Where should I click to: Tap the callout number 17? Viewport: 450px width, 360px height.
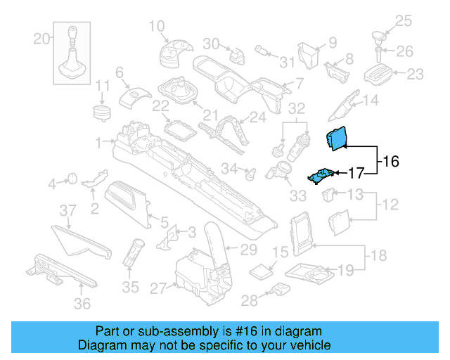coord(356,172)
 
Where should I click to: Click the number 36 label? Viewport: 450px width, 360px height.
coord(82,304)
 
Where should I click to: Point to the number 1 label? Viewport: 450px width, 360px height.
coord(99,141)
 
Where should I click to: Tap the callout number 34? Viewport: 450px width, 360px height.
coord(229,168)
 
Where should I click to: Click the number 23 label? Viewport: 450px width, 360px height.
coord(416,73)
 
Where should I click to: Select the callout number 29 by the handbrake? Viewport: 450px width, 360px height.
coord(249,249)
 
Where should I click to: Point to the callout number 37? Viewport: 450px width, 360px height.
coord(66,211)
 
